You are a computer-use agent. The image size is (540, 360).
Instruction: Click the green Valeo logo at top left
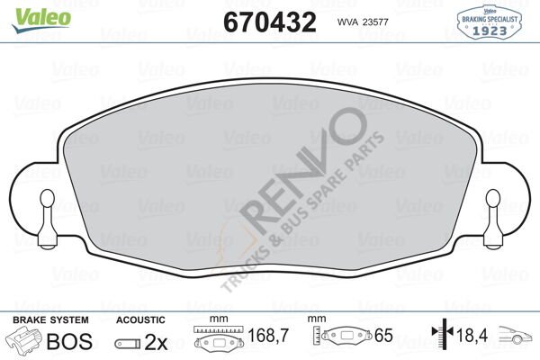tap(41, 20)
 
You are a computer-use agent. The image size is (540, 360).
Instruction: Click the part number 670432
tap(270, 22)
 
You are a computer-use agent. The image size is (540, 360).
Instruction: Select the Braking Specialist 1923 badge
tap(489, 22)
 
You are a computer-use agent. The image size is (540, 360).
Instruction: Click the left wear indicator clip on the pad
tap(47, 220)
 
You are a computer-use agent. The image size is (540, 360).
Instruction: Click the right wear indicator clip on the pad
tap(492, 220)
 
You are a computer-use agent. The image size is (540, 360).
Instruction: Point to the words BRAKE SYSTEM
tap(50, 320)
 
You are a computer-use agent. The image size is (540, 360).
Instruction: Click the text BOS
tap(69, 341)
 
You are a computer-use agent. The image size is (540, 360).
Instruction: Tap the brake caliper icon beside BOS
tap(23, 339)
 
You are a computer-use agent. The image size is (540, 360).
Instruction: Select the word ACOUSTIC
tap(140, 320)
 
